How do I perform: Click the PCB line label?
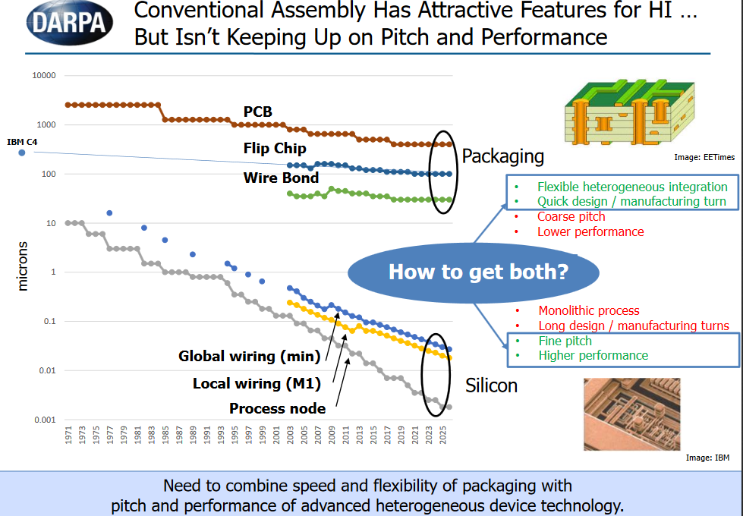(257, 112)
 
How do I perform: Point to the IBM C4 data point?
(21, 153)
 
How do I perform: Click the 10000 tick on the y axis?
(43, 76)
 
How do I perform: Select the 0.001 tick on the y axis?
(45, 420)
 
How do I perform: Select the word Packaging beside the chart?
(503, 156)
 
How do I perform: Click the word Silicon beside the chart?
(491, 385)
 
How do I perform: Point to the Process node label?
(278, 409)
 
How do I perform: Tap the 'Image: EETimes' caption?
(704, 157)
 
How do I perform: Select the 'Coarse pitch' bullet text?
(571, 217)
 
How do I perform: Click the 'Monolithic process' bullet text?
(589, 310)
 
